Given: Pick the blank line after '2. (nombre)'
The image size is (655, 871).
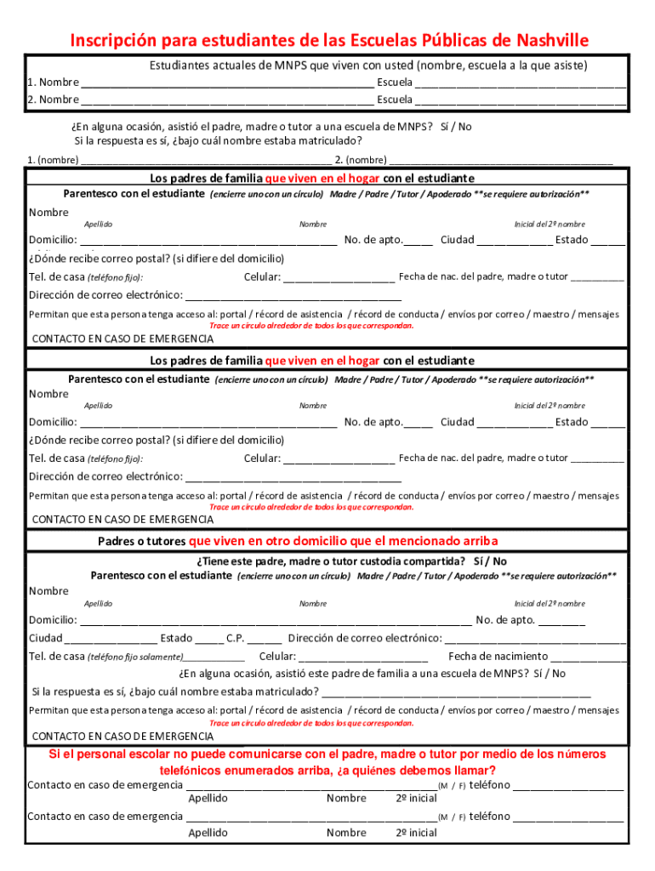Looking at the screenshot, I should click(501, 160).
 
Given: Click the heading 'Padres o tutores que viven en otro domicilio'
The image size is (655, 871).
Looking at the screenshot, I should click(298, 542).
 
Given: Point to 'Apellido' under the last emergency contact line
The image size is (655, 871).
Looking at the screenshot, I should click(208, 833).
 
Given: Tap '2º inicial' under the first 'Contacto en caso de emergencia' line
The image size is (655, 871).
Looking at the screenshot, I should click(416, 799).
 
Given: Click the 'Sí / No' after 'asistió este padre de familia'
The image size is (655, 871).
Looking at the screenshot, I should click(549, 674).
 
